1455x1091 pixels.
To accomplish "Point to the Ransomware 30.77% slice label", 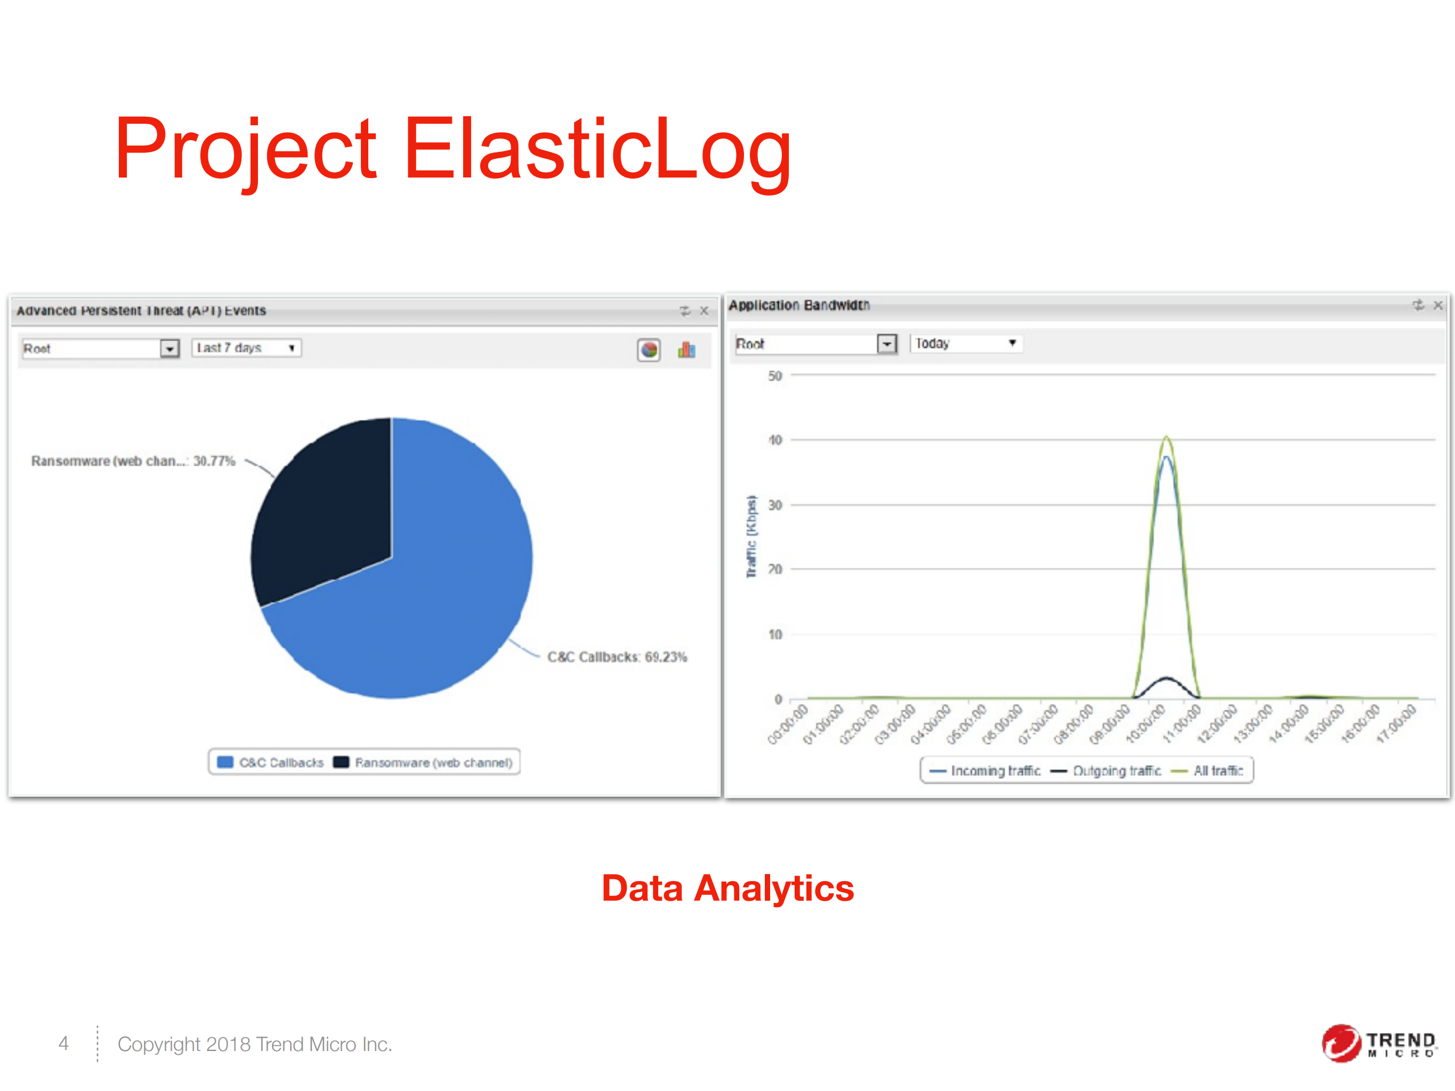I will coord(133,461).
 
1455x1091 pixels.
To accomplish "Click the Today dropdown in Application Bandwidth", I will coord(965,343).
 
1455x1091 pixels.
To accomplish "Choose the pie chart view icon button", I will coord(649,350).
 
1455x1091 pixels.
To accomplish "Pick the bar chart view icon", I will coord(686,350).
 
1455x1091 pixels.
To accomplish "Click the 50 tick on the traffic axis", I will coord(775,376).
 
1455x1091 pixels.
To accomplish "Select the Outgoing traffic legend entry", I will coord(1106,771).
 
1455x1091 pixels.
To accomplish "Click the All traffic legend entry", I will coord(1208,771).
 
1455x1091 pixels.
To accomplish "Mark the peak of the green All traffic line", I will coord(1166,437).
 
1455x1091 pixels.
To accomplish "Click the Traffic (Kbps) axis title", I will coord(751,537).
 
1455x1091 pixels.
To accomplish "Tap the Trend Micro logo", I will coord(1378,1043).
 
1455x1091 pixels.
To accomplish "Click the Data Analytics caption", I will coord(727,888).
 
